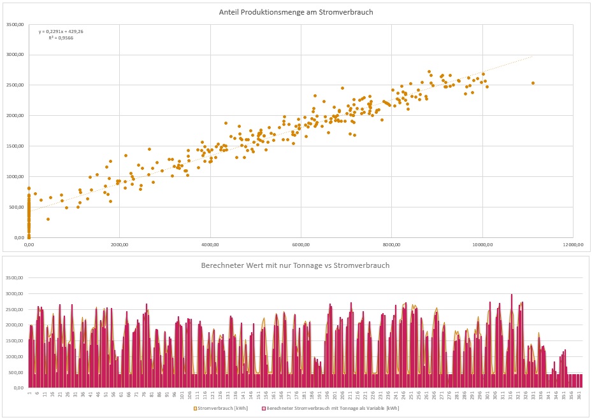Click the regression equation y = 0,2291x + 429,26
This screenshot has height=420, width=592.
point(61,31)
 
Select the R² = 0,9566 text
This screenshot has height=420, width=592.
point(60,38)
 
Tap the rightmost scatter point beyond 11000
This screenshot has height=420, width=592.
point(533,83)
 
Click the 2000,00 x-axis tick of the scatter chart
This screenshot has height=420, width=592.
point(119,244)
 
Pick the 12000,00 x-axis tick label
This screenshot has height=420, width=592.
point(573,244)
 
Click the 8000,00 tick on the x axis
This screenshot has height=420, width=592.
point(391,244)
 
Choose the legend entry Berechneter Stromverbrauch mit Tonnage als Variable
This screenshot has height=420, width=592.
point(332,408)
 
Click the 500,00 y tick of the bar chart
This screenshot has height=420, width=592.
point(15,372)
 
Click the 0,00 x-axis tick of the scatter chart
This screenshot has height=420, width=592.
point(29,244)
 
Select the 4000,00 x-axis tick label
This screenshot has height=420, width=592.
point(210,244)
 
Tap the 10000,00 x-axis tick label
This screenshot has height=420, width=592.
point(482,244)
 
